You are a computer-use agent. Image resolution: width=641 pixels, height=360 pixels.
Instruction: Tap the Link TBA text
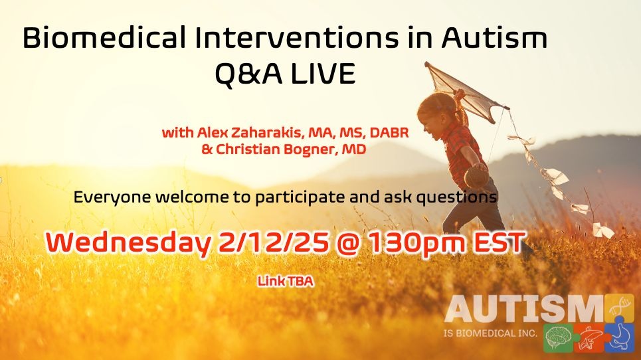pyautogui.click(x=285, y=281)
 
